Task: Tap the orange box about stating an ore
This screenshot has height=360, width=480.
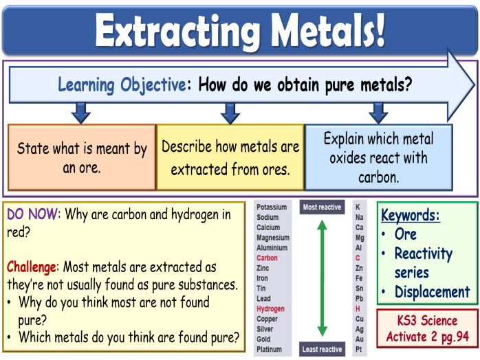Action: pos(82,157)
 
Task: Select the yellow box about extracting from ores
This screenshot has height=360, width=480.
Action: pos(230,157)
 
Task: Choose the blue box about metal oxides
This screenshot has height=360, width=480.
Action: pos(378,157)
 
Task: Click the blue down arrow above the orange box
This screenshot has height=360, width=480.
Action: pos(81,112)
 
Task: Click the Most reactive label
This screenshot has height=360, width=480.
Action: pos(322,207)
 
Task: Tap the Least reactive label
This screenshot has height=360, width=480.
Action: pos(322,350)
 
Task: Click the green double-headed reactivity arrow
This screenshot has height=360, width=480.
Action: pos(322,278)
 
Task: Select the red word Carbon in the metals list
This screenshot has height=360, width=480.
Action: pos(267,258)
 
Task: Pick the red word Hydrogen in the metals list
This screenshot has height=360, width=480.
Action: pos(270,309)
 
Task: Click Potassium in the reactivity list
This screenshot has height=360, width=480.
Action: pos(271,207)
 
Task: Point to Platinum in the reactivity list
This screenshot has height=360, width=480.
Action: pos(269,350)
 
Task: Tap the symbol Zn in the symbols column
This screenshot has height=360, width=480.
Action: pos(358,269)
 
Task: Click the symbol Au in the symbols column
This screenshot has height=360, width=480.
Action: pos(358,339)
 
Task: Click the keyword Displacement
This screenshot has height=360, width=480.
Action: pos(432,291)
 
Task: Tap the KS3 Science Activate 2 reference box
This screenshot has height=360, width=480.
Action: pos(426,328)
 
